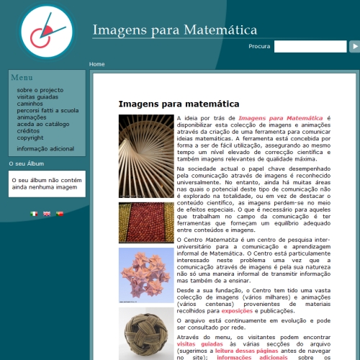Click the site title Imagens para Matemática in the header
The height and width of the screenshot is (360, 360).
pyautogui.click(x=175, y=30)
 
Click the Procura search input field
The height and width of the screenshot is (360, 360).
pyautogui.click(x=310, y=46)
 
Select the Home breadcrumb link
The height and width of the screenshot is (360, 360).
pyautogui.click(x=96, y=64)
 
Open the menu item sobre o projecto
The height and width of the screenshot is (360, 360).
pyautogui.click(x=40, y=90)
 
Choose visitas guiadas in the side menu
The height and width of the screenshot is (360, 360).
pyautogui.click(x=37, y=96)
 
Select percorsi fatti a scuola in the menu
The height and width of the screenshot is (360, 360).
pyautogui.click(x=48, y=110)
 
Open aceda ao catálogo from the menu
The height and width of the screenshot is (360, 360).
pyautogui.click(x=43, y=124)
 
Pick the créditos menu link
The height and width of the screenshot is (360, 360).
pyautogui.click(x=28, y=131)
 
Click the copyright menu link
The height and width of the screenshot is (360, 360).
pyautogui.click(x=30, y=138)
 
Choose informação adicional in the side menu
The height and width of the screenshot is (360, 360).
pyautogui.click(x=45, y=148)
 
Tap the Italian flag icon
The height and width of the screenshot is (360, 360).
pyautogui.click(x=34, y=214)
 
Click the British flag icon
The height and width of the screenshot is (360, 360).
pyautogui.click(x=47, y=214)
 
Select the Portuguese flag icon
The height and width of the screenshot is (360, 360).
pyautogui.click(x=60, y=214)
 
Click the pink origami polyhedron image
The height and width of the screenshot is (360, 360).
pyautogui.click(x=146, y=275)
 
